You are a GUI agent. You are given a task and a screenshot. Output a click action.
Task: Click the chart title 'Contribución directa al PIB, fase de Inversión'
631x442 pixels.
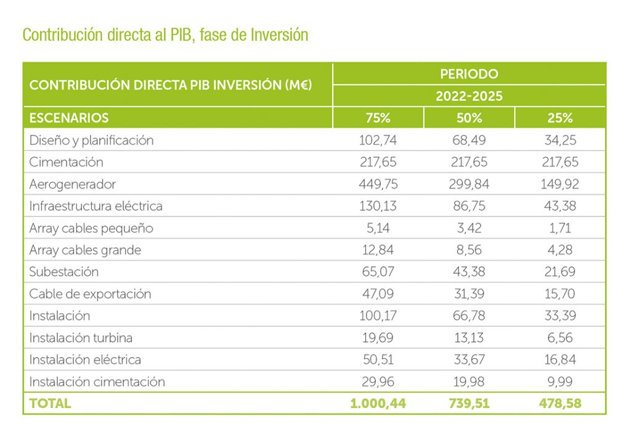point(165,35)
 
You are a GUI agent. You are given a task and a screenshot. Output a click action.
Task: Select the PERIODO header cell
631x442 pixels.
point(469,74)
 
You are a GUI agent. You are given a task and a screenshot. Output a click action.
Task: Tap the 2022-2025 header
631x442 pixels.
point(469,96)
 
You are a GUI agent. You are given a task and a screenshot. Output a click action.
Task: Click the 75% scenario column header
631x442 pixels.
point(378,118)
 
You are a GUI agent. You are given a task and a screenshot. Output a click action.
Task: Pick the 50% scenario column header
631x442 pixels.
point(469,118)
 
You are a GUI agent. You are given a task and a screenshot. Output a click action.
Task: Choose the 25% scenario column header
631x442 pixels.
point(560,118)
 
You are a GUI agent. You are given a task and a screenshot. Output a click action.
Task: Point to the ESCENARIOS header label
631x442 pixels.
point(69,118)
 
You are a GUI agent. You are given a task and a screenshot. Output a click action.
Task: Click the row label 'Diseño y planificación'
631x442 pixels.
point(91,140)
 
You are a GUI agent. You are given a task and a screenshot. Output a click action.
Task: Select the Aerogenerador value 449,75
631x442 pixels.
point(378,184)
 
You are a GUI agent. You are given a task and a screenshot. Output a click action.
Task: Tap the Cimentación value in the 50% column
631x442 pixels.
point(469,162)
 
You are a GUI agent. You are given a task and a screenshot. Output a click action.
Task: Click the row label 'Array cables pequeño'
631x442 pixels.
point(91,228)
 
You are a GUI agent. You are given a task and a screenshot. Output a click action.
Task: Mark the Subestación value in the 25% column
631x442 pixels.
point(560,272)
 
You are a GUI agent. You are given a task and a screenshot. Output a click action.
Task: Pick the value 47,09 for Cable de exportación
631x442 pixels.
point(378,294)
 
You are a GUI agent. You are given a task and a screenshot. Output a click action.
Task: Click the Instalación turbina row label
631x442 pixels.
point(81,338)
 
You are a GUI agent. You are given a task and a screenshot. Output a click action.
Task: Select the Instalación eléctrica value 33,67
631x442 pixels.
point(469,359)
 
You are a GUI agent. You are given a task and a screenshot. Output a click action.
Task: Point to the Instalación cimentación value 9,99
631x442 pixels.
point(560,382)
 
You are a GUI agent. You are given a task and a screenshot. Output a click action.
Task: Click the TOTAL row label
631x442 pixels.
point(50,404)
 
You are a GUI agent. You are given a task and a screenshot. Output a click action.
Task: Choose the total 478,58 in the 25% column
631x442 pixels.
point(560,404)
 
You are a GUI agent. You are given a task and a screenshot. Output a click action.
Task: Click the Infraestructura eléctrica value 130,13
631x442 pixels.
point(378,206)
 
